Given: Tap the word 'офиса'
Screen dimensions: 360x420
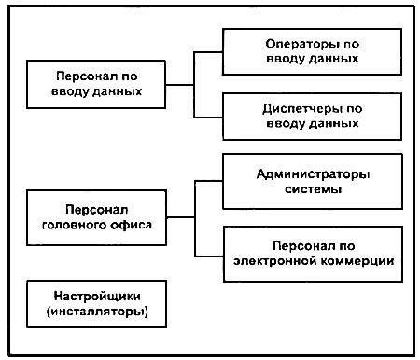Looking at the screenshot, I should pyautogui.click(x=131, y=227).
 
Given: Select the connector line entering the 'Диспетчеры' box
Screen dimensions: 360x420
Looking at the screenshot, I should pyautogui.click(x=210, y=117).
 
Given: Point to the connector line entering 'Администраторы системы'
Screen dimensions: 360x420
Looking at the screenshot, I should pyautogui.click(x=210, y=180).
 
